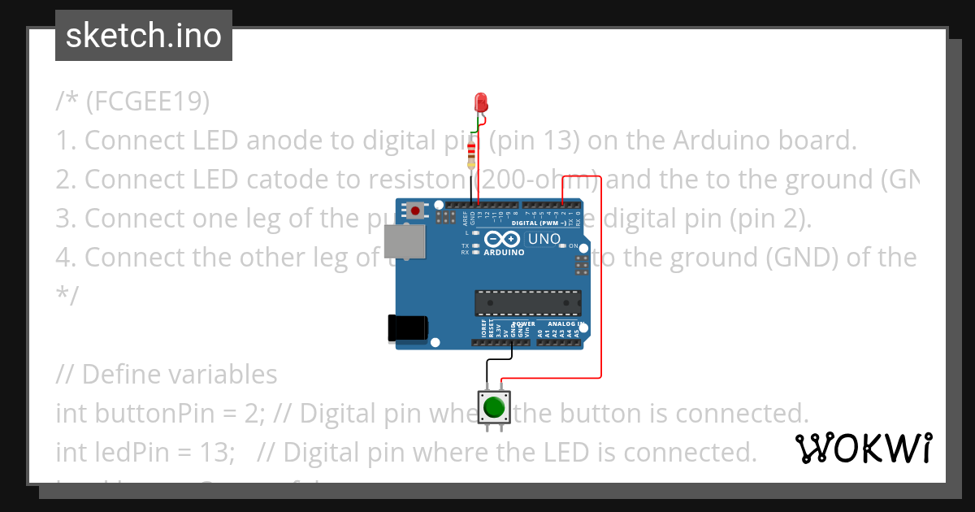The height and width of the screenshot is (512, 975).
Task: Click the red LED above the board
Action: pos(480,102)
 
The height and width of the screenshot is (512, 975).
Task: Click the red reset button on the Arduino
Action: pos(416,210)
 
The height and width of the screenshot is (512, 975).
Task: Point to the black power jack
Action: pos(407,328)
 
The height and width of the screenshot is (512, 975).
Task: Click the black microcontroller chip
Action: pos(527,302)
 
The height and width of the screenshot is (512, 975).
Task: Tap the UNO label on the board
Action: pos(544,239)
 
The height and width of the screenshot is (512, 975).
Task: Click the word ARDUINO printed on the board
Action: pos(504,252)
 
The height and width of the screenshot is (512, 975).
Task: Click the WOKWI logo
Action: pos(863,448)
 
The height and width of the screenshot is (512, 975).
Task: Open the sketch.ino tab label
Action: pos(144,36)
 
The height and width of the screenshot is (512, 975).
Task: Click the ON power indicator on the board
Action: pos(572,245)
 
